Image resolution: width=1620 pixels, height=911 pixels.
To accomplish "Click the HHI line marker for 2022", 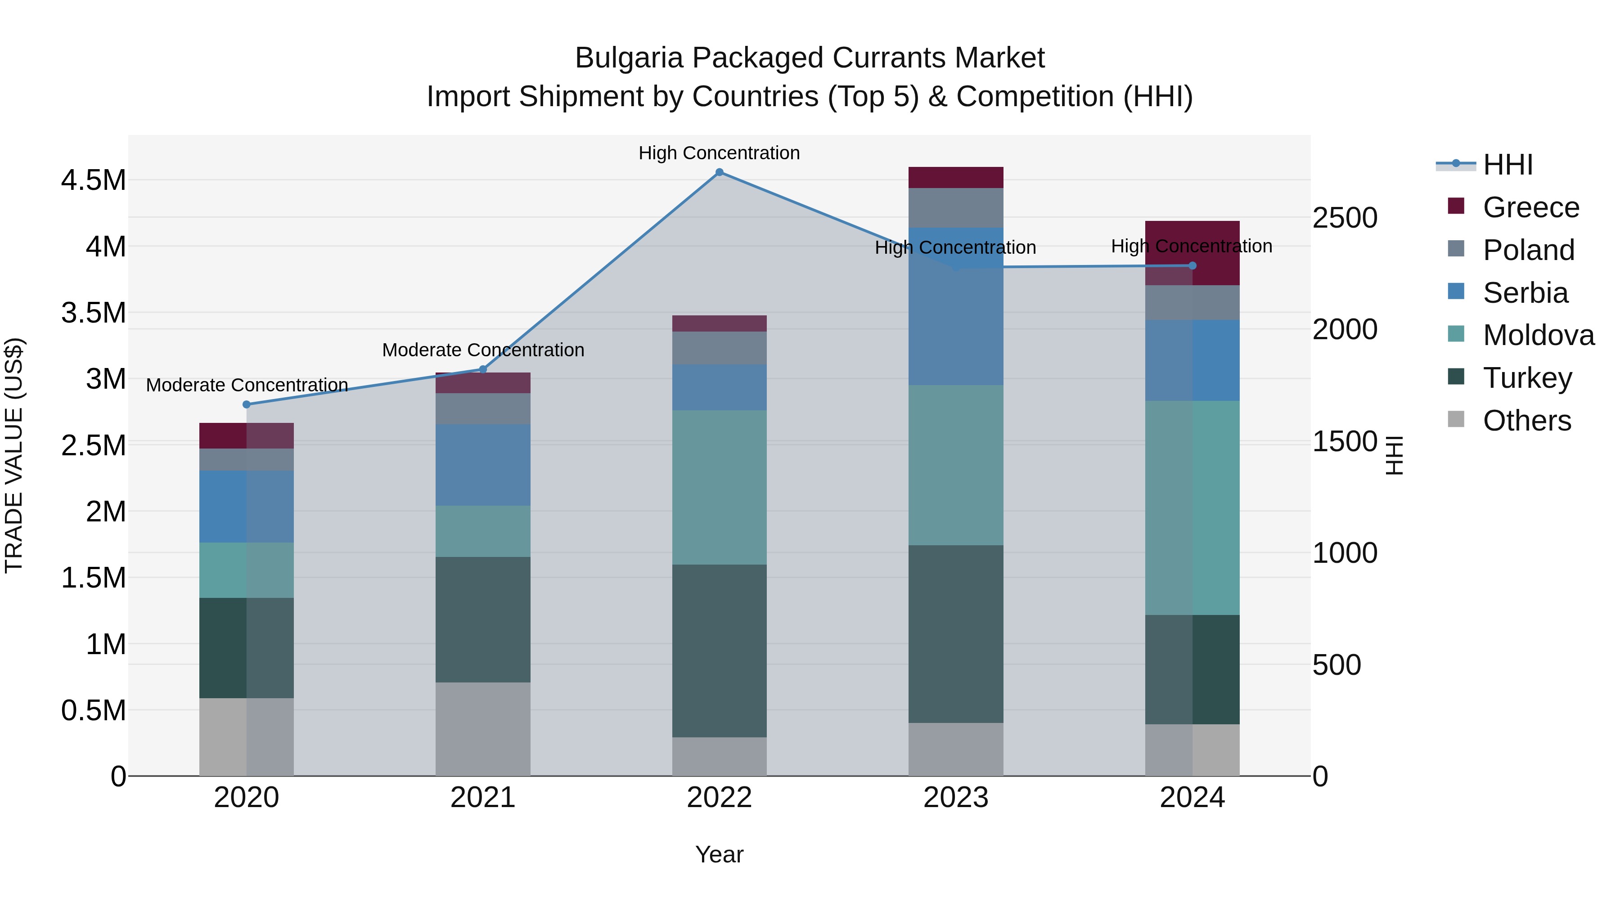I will (x=720, y=172).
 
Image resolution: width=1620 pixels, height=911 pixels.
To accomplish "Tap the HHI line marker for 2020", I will (x=247, y=404).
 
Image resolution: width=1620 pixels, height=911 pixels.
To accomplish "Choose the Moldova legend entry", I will (x=1538, y=335).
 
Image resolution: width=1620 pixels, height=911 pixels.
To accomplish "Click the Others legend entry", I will (x=1526, y=421).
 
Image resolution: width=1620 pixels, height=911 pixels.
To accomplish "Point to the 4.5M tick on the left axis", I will (x=94, y=180).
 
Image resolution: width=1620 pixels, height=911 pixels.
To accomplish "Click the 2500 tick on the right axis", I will (x=1345, y=218).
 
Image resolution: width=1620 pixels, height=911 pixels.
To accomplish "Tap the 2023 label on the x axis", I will (x=955, y=798).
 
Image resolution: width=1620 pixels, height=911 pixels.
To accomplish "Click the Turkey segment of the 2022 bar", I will (x=720, y=651).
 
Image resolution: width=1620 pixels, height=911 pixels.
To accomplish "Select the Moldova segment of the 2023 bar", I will (x=955, y=465).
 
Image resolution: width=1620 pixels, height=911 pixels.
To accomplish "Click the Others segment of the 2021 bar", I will (x=483, y=729).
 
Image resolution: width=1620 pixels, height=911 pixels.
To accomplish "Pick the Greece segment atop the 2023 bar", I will (x=955, y=177).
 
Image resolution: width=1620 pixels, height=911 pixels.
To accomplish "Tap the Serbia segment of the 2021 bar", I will (x=483, y=465).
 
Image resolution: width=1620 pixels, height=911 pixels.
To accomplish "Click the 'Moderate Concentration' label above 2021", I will (x=483, y=350).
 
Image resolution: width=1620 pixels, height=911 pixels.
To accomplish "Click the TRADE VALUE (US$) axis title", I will (x=14, y=455).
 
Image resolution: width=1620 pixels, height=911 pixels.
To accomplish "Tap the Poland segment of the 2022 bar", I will (x=720, y=348).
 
